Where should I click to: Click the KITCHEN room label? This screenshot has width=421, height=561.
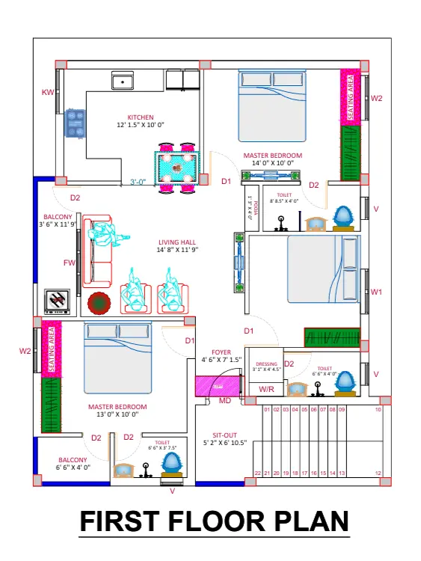141,117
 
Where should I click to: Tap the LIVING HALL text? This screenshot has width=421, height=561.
177,242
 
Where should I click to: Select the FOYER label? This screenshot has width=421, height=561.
221,352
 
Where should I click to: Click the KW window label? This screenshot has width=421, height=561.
48,92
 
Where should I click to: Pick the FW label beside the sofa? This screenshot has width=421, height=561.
70,263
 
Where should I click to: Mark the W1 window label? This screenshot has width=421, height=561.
377,292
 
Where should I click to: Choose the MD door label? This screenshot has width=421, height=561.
224,402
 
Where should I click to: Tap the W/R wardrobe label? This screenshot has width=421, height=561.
266,389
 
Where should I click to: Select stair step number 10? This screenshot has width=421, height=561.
378,410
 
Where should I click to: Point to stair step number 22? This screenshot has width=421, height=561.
257,473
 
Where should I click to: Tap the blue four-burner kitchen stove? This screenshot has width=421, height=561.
76,123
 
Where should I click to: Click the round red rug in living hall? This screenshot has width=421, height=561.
99,303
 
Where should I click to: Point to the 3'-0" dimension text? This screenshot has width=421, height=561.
138,182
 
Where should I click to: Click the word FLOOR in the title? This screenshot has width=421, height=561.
215,521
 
